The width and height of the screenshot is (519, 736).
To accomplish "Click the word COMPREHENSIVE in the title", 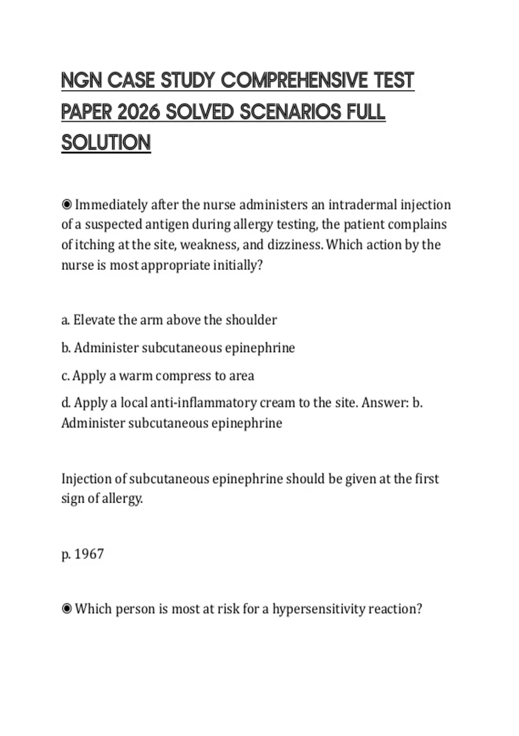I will (x=294, y=81).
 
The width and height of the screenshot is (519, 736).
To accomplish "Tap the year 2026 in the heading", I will (x=138, y=113).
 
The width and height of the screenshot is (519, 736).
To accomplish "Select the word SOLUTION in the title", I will (x=106, y=143).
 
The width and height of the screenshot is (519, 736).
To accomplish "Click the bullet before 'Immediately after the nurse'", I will (x=67, y=204).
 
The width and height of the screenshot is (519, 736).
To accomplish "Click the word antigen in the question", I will (x=167, y=224).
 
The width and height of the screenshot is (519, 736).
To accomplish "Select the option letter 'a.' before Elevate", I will (x=66, y=320).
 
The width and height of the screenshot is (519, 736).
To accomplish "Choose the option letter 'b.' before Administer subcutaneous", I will (x=66, y=348).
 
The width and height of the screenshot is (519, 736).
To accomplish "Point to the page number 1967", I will (x=89, y=554).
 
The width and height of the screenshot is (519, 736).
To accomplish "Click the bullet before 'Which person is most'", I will (x=67, y=609).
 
